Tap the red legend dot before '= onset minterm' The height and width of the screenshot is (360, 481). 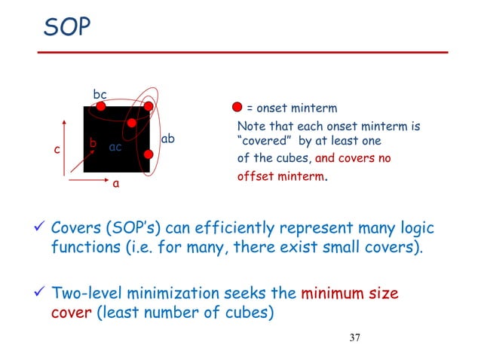click(x=237, y=108)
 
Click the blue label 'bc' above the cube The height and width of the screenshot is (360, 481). click(x=100, y=94)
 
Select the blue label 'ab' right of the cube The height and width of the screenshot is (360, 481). click(x=168, y=139)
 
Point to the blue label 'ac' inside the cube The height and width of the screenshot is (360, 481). click(x=115, y=147)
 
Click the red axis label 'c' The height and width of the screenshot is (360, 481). click(x=57, y=151)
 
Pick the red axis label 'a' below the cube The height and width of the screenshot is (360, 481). click(x=115, y=182)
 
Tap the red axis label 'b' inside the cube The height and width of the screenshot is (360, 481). click(x=93, y=142)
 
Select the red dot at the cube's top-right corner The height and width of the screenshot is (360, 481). click(x=149, y=107)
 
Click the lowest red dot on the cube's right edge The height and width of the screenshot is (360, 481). click(x=149, y=154)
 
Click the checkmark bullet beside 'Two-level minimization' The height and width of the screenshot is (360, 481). click(x=39, y=294)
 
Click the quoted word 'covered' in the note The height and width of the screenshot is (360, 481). click(x=261, y=142)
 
